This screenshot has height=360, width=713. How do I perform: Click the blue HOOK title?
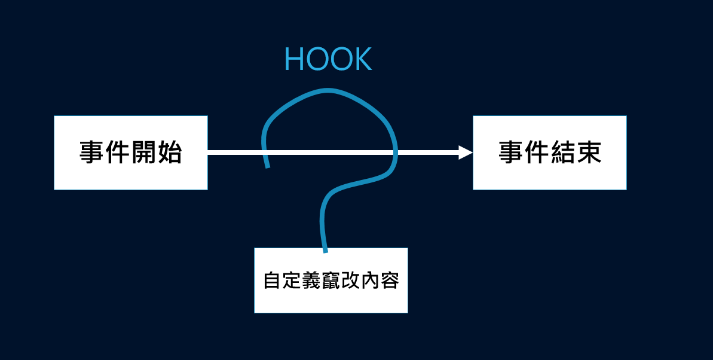click(x=328, y=59)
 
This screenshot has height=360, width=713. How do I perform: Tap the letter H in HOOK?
click(x=294, y=59)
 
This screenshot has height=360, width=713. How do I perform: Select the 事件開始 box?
click(x=131, y=153)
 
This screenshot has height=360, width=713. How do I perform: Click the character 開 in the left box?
click(x=143, y=153)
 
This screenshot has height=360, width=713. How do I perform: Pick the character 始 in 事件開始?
click(x=170, y=153)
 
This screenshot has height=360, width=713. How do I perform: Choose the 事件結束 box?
click(x=550, y=153)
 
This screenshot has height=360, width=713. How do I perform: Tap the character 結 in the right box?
click(x=563, y=153)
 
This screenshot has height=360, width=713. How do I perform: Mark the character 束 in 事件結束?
click(x=589, y=153)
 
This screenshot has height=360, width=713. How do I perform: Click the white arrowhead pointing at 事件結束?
click(x=466, y=153)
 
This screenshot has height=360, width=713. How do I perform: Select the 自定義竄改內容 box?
click(x=331, y=280)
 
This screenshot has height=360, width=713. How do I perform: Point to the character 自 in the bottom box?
click(x=273, y=280)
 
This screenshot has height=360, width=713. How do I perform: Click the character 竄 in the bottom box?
click(x=331, y=280)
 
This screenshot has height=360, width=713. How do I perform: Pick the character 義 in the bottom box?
click(x=311, y=280)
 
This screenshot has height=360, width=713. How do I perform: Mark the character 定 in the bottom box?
click(x=292, y=280)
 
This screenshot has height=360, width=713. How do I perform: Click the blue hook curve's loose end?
click(x=268, y=166)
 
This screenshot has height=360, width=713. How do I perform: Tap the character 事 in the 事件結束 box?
click(x=510, y=153)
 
